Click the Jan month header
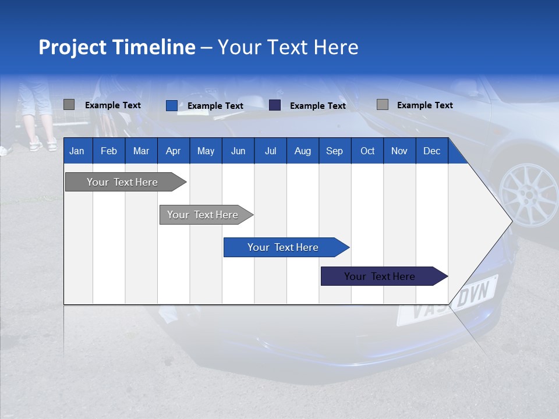77,151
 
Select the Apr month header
173,151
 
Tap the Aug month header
302,151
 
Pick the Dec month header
431,151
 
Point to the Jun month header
238,151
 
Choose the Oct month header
367,151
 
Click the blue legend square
171,105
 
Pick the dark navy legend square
275,105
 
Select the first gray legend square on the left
69,105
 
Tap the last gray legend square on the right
382,105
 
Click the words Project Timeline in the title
116,47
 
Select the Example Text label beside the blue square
215,106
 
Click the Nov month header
399,151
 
